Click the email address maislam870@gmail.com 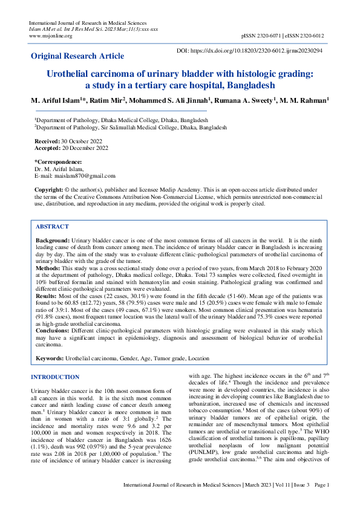point(84,176)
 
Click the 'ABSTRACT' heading point(52,226)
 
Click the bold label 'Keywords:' point(50,358)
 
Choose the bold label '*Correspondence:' point(58,162)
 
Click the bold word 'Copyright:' point(48,190)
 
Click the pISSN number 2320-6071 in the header point(270,36)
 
